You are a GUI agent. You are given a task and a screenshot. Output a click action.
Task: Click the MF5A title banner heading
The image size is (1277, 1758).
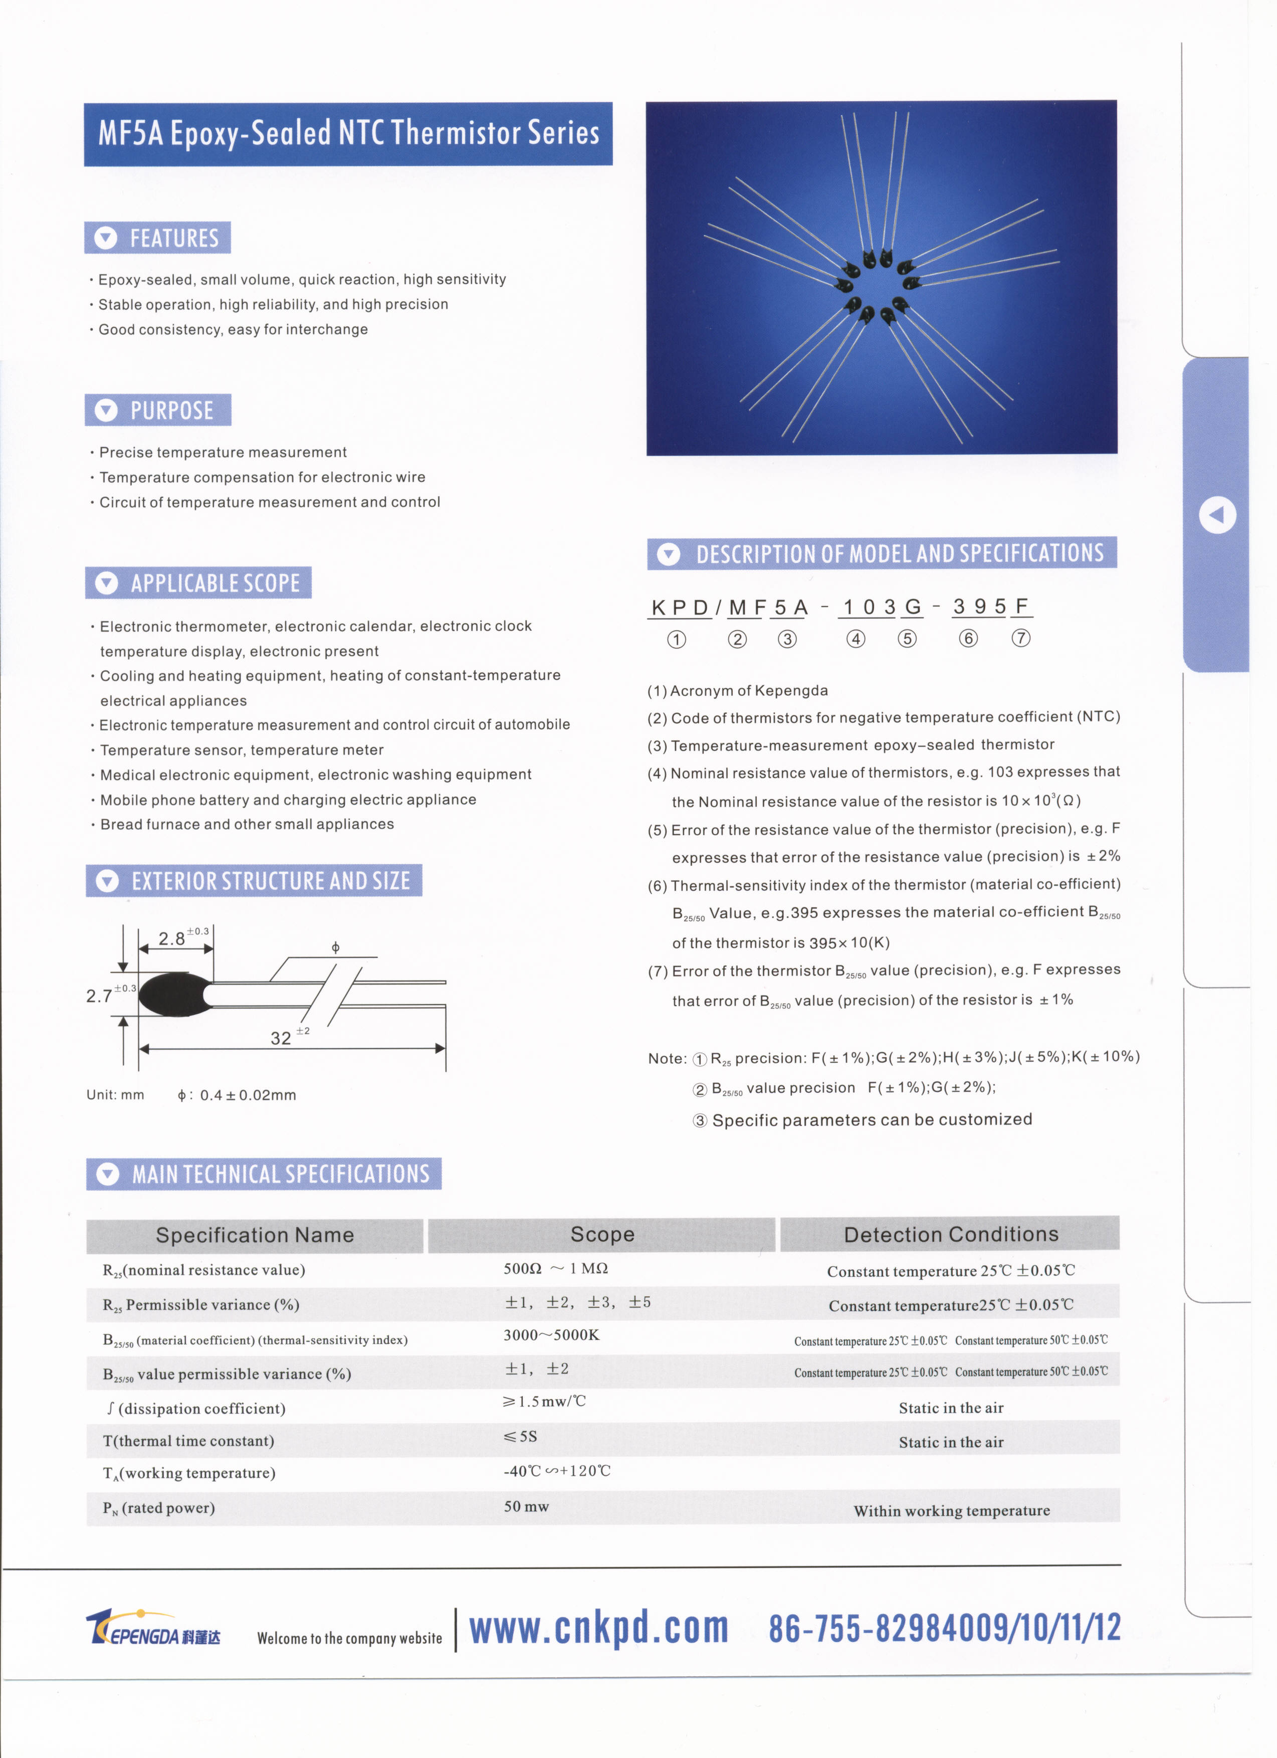pyautogui.click(x=348, y=133)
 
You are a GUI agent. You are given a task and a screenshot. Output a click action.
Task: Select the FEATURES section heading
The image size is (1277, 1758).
pyautogui.click(x=158, y=238)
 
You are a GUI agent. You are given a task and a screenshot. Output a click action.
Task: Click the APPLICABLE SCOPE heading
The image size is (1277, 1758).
pyautogui.click(x=199, y=583)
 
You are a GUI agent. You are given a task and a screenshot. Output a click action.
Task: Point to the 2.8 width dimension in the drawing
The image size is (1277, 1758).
pyautogui.click(x=172, y=939)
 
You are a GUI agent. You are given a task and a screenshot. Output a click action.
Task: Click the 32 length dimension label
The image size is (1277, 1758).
pyautogui.click(x=281, y=1038)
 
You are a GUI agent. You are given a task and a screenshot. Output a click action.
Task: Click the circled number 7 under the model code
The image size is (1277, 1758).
pyautogui.click(x=1021, y=638)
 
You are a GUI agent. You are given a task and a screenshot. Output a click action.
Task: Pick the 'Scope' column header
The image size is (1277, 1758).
pyautogui.click(x=602, y=1235)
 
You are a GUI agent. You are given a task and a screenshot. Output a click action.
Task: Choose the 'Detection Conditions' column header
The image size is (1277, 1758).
pyautogui.click(x=951, y=1234)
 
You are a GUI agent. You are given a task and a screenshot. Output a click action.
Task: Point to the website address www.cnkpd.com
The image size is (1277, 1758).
pyautogui.click(x=599, y=1628)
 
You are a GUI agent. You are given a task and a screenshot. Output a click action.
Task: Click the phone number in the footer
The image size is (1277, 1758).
pyautogui.click(x=945, y=1628)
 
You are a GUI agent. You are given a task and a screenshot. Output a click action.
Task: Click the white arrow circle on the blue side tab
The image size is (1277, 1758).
pyautogui.click(x=1217, y=515)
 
